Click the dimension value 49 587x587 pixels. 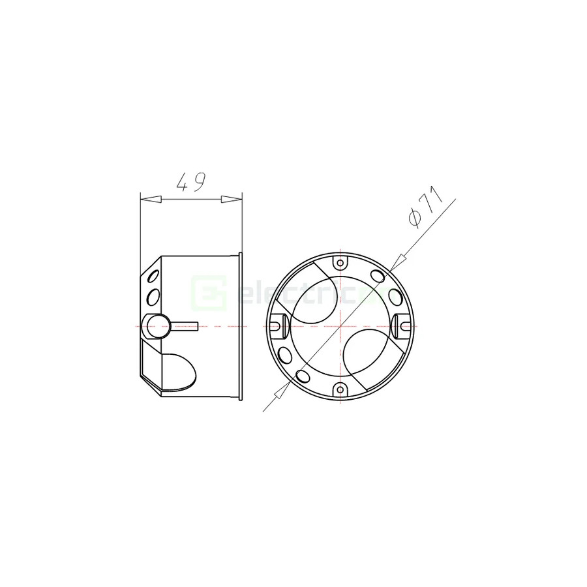point(190,182)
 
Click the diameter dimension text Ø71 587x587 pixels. point(425,207)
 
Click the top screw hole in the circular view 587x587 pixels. point(340,262)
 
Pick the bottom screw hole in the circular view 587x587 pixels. point(340,389)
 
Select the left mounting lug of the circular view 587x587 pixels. point(277,324)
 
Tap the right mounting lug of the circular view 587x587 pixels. point(403,324)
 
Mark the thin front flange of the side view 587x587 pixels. point(241,325)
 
